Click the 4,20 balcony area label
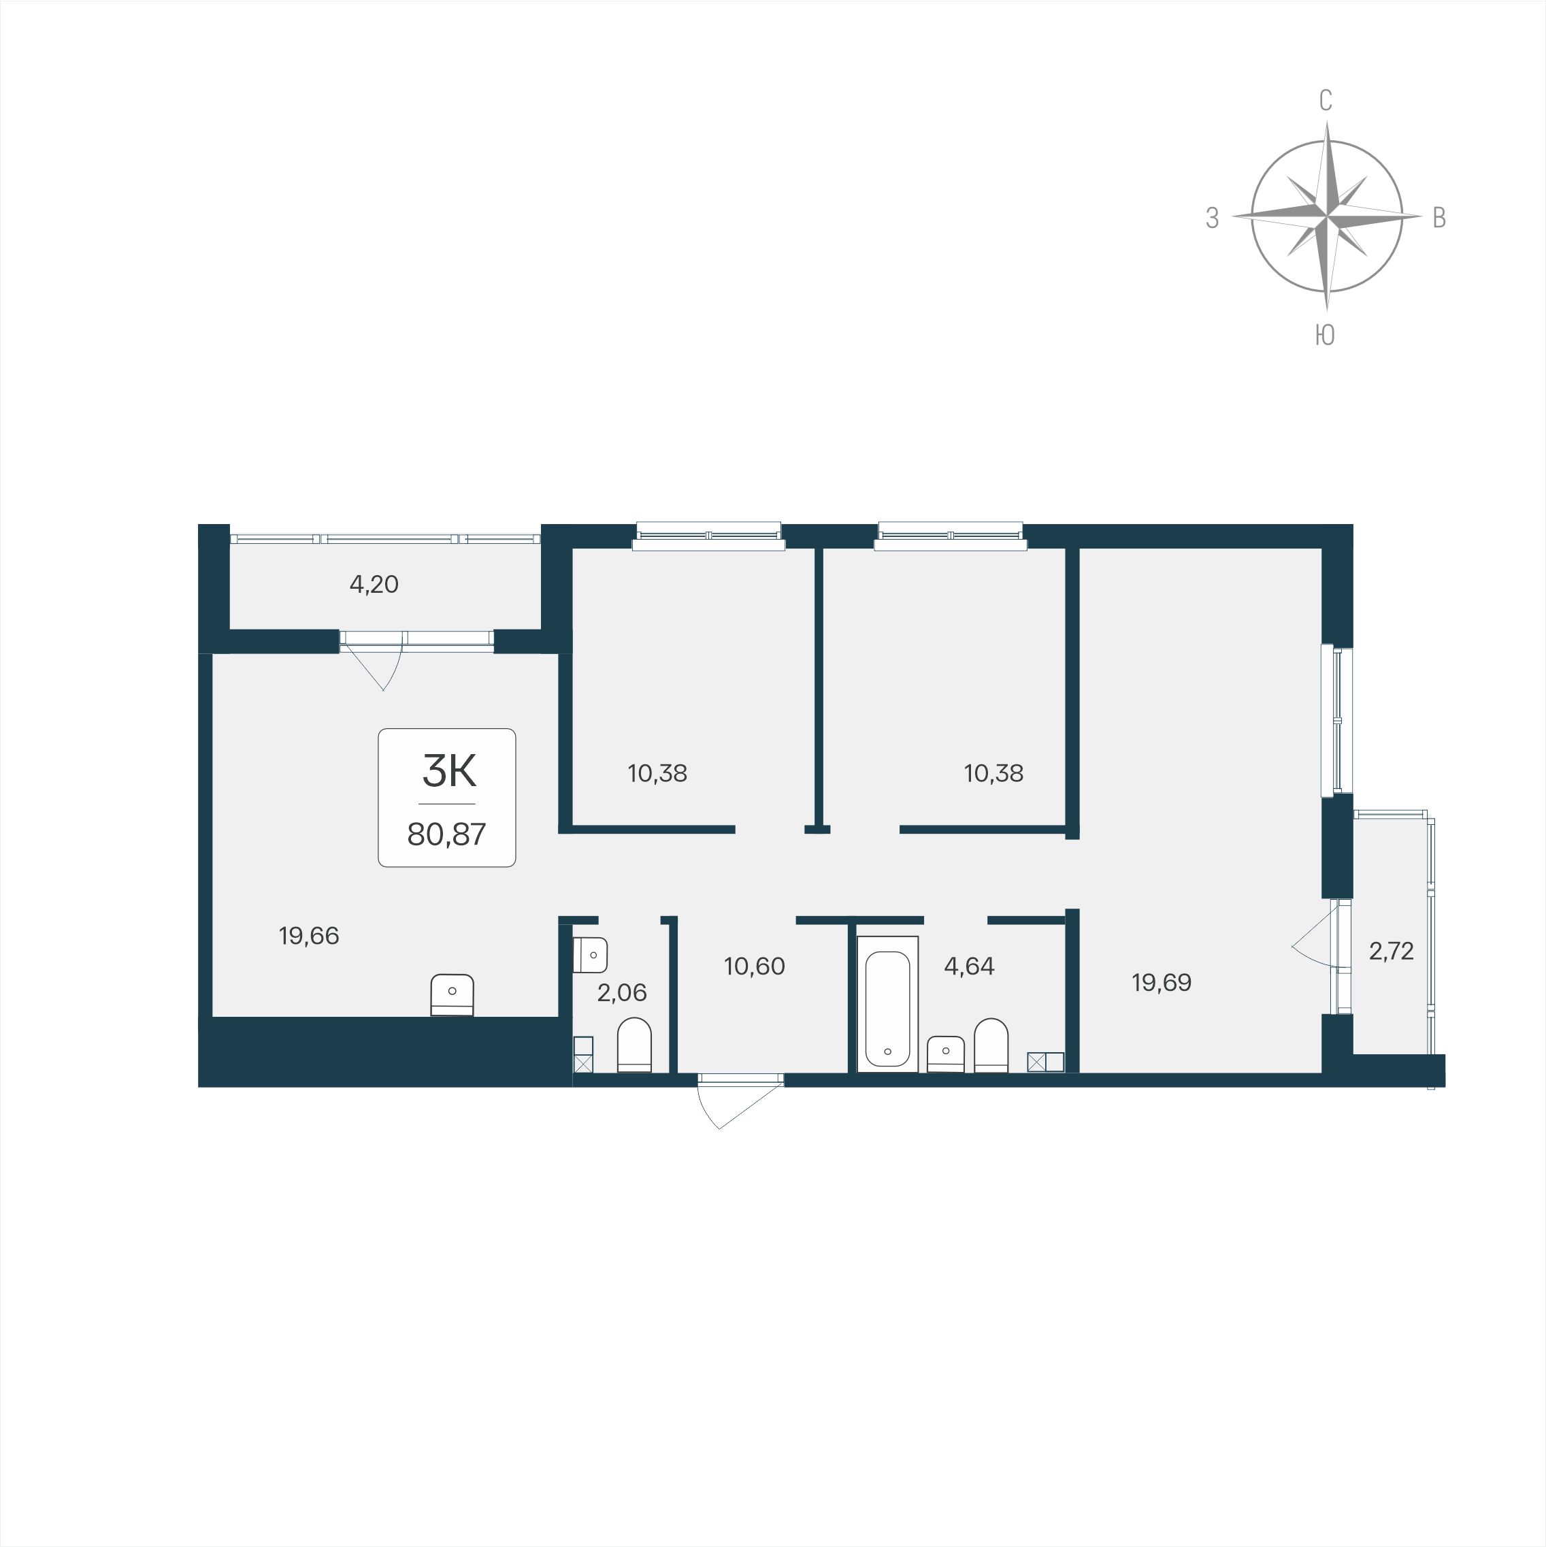click(x=374, y=585)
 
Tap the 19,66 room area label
click(x=309, y=935)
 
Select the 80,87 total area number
click(x=447, y=834)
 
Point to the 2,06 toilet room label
click(x=622, y=993)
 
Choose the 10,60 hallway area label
click(x=754, y=966)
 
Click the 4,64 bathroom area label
click(x=970, y=966)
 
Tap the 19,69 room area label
click(x=1162, y=983)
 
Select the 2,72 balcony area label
click(x=1392, y=951)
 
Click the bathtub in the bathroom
click(x=887, y=1004)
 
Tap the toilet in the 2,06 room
click(x=634, y=1045)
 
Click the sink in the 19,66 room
click(x=453, y=995)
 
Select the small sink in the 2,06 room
click(x=590, y=954)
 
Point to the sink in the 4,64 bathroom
click(x=946, y=1054)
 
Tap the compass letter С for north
click(x=1326, y=101)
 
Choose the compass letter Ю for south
click(x=1325, y=336)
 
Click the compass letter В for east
click(x=1438, y=218)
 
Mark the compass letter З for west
click(x=1212, y=218)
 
